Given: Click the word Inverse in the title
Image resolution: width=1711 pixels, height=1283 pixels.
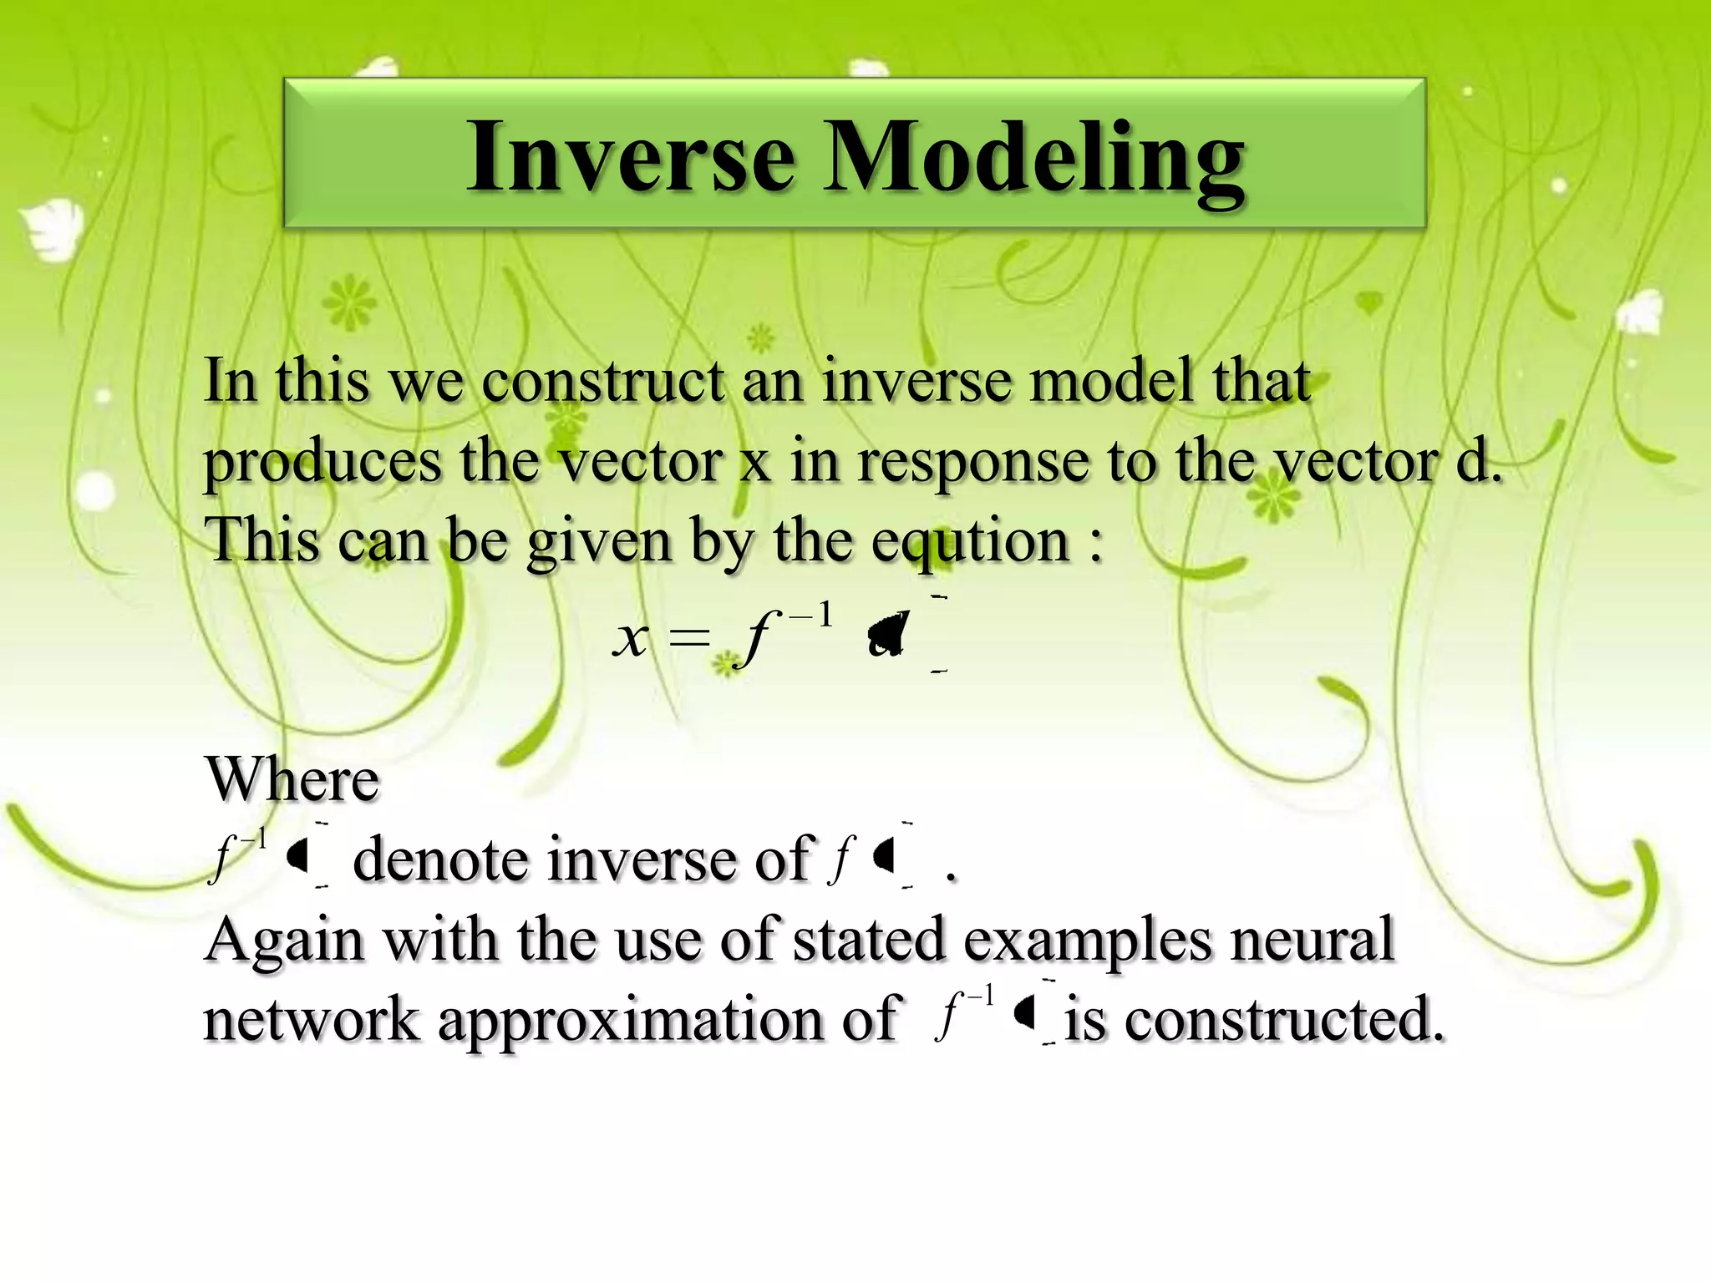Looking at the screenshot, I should pyautogui.click(x=631, y=157).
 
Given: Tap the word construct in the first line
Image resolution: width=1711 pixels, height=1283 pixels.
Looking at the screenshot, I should pyautogui.click(x=602, y=381).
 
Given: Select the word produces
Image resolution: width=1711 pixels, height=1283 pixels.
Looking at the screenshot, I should pyautogui.click(x=322, y=463).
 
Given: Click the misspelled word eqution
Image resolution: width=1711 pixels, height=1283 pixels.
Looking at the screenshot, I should pyautogui.click(x=970, y=541).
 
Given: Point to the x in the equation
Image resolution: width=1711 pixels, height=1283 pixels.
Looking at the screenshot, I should pyautogui.click(x=631, y=640).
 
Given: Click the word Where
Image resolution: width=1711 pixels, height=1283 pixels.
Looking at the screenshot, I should pyautogui.click(x=292, y=779).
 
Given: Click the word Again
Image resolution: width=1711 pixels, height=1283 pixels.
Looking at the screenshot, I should pyautogui.click(x=284, y=940).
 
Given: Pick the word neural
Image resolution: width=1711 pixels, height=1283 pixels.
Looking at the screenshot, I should pyautogui.click(x=1312, y=939).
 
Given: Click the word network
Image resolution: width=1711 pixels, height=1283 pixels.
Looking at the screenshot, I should pyautogui.click(x=311, y=1020).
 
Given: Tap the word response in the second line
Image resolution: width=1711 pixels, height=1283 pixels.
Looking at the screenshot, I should pyautogui.click(x=973, y=463).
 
